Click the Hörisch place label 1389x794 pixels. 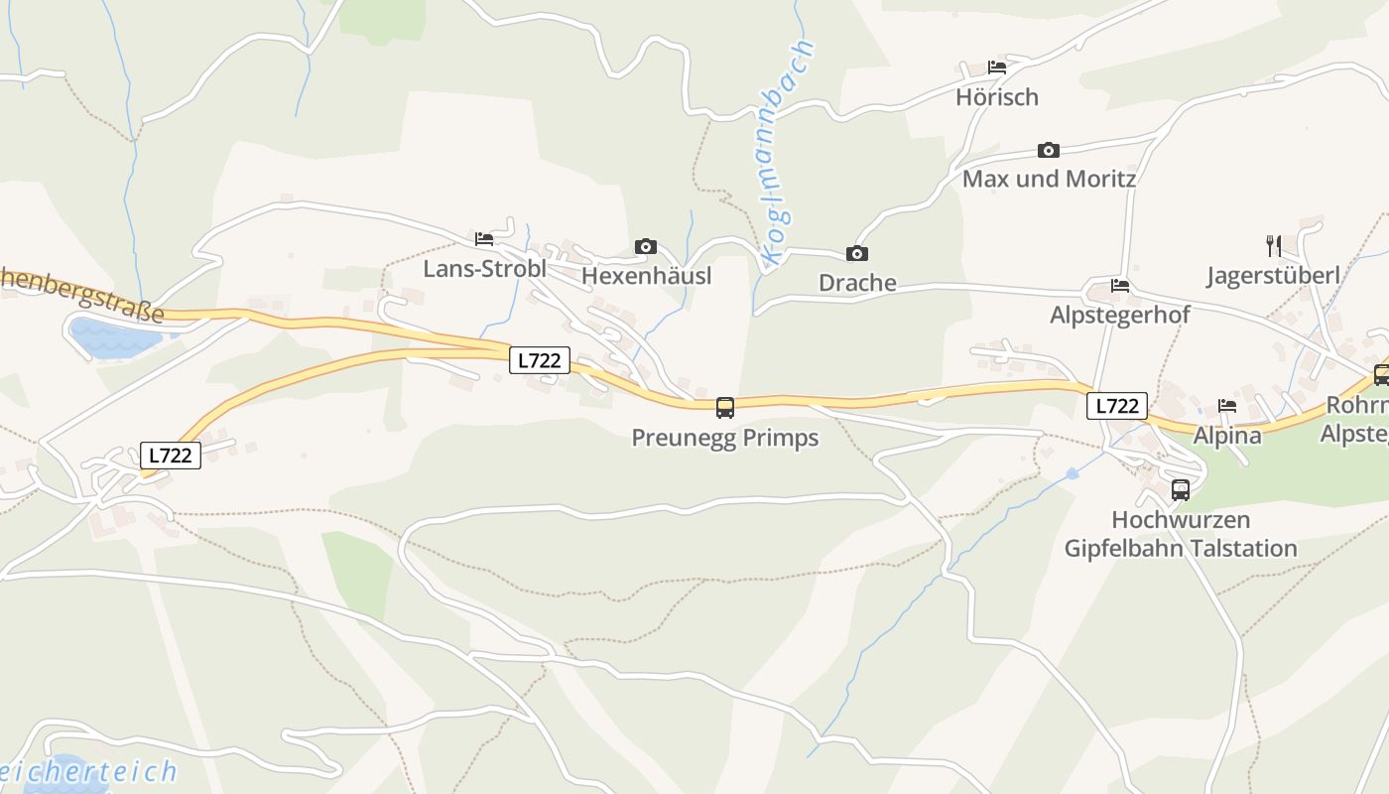(x=997, y=97)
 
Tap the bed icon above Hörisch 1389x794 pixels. (x=997, y=67)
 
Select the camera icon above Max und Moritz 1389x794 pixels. (x=1049, y=151)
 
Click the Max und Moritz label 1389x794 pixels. (x=1049, y=180)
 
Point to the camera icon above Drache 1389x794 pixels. (x=857, y=254)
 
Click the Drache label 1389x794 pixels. (x=857, y=283)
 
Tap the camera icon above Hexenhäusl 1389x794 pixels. (x=646, y=246)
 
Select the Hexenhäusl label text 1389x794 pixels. (x=646, y=275)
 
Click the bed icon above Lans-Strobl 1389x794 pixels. (x=484, y=239)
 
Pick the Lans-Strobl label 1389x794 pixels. (x=484, y=269)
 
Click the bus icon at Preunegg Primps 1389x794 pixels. (x=725, y=408)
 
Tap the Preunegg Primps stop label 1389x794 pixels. (x=725, y=438)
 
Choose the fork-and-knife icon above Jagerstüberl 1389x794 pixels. (x=1274, y=245)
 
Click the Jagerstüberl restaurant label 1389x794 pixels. (x=1273, y=276)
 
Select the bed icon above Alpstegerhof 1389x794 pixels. (x=1120, y=286)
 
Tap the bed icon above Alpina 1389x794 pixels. (x=1227, y=406)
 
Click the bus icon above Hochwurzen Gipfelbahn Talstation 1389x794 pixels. (x=1181, y=489)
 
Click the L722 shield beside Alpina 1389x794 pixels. (x=1117, y=406)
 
